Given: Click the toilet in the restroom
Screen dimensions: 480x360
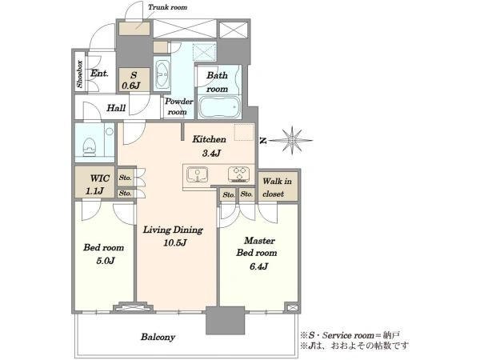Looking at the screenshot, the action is [90, 146].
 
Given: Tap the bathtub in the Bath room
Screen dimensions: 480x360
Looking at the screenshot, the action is [219, 107].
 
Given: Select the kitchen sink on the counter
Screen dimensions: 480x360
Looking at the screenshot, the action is [198, 174].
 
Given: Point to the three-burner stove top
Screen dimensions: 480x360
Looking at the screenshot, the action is [238, 174].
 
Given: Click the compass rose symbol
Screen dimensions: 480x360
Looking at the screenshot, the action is [292, 140].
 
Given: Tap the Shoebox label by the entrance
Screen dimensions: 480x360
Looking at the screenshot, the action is [79, 74].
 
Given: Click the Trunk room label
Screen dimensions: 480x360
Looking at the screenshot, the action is [167, 7].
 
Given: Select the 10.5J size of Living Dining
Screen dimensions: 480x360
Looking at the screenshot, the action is [174, 243].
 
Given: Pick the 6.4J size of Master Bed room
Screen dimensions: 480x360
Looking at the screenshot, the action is [258, 266].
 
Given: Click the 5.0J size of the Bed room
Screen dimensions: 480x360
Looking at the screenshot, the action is [105, 261].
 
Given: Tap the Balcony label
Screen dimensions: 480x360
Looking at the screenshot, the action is [158, 337].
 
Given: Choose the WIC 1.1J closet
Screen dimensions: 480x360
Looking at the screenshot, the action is [95, 185].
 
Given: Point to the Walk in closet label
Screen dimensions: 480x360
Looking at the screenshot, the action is [277, 187].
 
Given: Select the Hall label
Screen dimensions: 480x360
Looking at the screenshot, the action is [116, 108].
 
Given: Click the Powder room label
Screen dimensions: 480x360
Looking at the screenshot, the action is [178, 106].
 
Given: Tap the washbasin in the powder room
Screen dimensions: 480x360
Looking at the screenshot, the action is [162, 74].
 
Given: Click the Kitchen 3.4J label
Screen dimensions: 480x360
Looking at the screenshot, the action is [210, 146].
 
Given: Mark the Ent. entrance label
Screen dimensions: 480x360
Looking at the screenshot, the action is [99, 74].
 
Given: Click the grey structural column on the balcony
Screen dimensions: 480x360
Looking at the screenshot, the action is [226, 320].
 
